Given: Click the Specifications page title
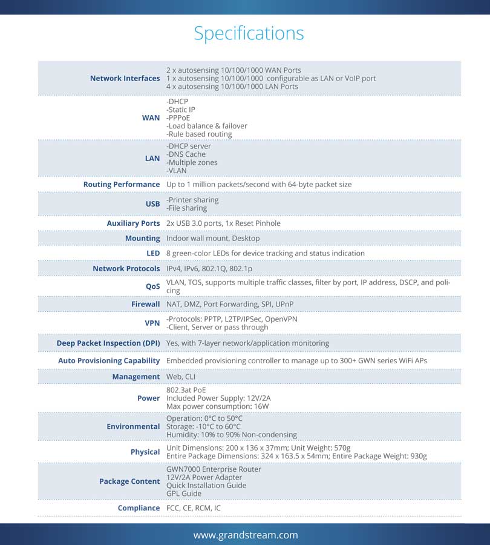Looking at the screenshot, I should coord(249,33).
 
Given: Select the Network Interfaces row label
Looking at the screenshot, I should coord(125,78).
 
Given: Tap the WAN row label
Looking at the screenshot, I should coord(151,117).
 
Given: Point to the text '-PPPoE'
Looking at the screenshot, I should coord(180,117).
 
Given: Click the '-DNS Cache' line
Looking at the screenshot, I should coord(186,154).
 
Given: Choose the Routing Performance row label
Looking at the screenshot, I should coord(121,184).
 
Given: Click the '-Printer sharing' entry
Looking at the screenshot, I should coord(192,200).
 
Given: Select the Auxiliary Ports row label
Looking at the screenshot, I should coord(133,223).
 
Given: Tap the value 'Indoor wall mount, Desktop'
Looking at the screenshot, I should coord(213,239).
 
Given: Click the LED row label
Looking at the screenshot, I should coord(153,253).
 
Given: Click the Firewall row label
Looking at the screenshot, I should coord(145,304).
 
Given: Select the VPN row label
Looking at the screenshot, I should coord(152,323).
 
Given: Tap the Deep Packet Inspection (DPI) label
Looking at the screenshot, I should coord(108,343).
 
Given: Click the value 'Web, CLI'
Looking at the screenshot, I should coord(181,377).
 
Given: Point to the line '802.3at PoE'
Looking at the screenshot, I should coord(186,391).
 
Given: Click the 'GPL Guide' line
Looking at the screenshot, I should coord(183,494).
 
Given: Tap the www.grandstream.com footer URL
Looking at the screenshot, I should coord(245,535).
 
